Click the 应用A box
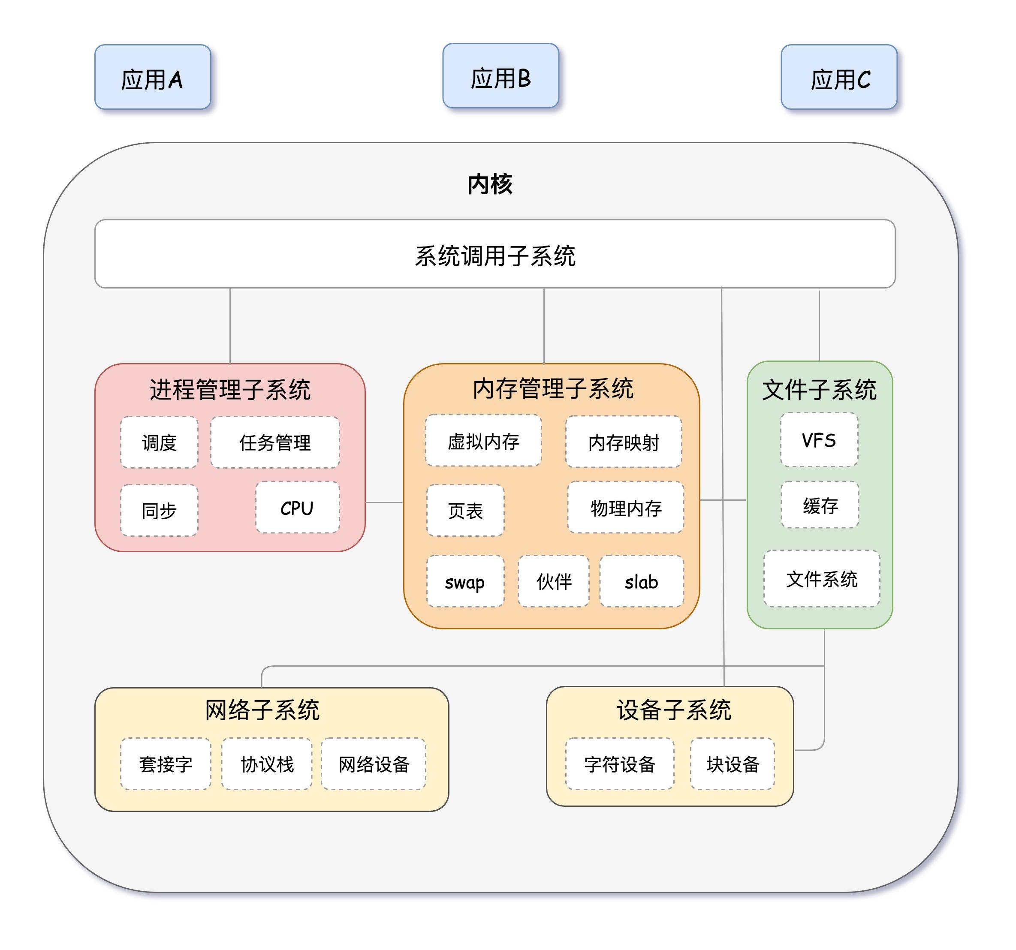152,77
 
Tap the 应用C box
838,77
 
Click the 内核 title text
490,184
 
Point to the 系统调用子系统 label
495,256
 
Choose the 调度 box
159,442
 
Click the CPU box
298,508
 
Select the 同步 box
159,510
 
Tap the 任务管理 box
275,442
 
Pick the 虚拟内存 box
483,441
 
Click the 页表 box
465,510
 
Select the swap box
465,581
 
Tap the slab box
642,581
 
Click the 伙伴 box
554,581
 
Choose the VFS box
819,440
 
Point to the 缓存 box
820,505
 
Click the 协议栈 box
267,764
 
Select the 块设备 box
733,764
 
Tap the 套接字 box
166,764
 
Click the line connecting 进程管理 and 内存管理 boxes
384,502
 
